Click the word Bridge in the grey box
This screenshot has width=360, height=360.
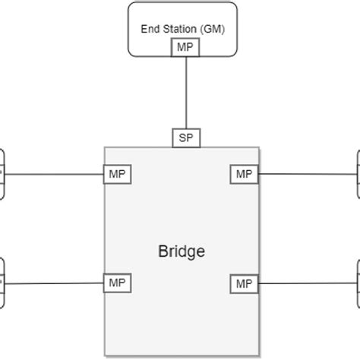pos(181,251)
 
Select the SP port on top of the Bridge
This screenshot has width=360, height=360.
pos(185,137)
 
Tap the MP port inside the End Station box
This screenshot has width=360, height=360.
pos(185,48)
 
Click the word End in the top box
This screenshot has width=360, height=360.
pos(150,29)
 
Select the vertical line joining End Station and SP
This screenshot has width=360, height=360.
pos(185,91)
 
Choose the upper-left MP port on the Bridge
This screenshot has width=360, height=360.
pos(117,174)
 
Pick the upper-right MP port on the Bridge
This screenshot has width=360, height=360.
pos(244,174)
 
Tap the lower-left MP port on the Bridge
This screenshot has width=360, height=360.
pos(117,283)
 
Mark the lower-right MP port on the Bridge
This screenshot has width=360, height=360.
pos(244,283)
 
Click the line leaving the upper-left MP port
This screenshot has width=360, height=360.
pos(53,174)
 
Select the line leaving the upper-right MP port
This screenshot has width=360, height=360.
pos(308,174)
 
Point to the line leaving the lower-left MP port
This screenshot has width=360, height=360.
pos(53,283)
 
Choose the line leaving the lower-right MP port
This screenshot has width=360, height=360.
pos(308,283)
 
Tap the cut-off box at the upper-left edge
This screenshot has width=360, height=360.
pos(2,174)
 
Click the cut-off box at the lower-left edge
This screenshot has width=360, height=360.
pos(2,283)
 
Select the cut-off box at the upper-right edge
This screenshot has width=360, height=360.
pos(357,174)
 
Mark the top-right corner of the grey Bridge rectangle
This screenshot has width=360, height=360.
pos(259,147)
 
